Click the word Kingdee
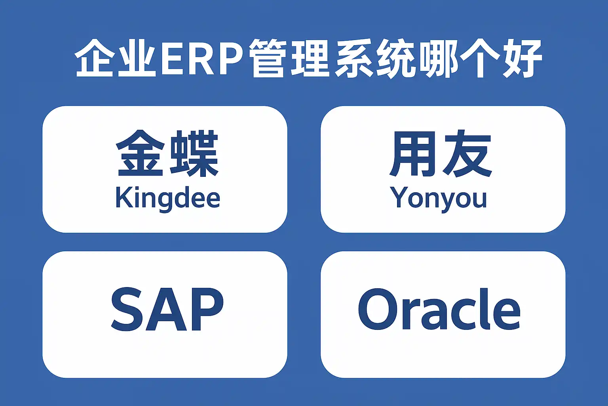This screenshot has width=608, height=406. [x=167, y=198]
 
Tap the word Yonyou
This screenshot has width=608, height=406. [x=438, y=198]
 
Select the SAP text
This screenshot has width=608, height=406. [x=167, y=309]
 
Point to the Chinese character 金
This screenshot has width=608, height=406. [x=140, y=153]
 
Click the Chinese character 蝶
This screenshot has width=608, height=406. [x=194, y=153]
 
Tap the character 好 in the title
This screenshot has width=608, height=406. [x=522, y=58]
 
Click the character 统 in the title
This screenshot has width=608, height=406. [x=395, y=58]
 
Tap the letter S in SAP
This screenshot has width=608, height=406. [x=126, y=309]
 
